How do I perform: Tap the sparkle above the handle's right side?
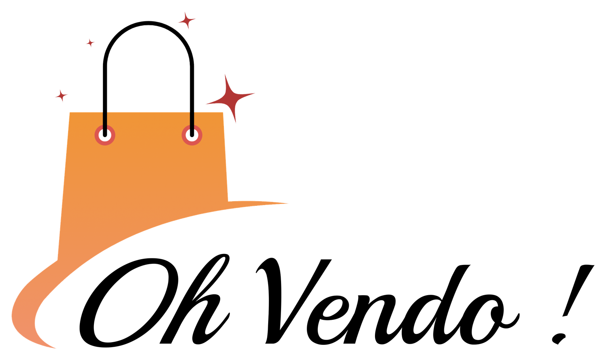point(186,20)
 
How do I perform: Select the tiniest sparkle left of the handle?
point(90,43)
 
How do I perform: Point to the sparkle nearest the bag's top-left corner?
point(61,95)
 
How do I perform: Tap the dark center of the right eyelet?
point(192,135)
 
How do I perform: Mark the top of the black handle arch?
point(149,23)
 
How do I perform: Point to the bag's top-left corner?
point(69,113)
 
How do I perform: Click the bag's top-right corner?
point(224,113)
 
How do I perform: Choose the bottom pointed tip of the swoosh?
point(56,348)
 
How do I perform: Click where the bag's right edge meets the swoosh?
point(229,200)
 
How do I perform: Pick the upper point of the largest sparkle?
point(226,75)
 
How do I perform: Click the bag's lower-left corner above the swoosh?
point(58,259)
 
